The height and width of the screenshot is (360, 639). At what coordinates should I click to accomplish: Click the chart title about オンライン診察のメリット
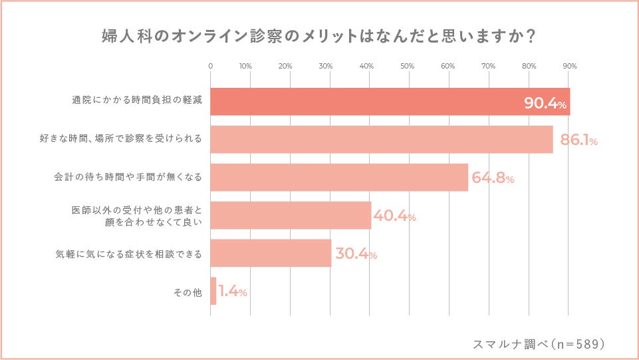pos(319,37)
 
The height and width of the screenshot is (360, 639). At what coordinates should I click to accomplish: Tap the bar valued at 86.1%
pos(381,139)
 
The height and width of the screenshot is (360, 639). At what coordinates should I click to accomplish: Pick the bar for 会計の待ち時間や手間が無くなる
pos(339,178)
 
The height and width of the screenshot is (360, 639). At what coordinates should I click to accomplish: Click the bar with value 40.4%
pos(291,215)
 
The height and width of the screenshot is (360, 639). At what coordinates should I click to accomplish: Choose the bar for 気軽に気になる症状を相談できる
pos(271,254)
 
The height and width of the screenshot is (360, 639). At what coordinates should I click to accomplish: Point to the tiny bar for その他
pos(213,291)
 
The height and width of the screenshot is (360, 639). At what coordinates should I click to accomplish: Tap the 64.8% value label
pos(493,178)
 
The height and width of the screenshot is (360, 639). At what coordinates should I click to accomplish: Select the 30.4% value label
pos(356,254)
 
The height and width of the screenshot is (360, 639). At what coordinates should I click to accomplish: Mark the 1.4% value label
pos(233,292)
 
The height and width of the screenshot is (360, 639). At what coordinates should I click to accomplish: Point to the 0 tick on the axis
pos(211,66)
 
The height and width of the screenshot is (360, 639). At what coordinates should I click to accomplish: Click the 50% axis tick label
pos(408,66)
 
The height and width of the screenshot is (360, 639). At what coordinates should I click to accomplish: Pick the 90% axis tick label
pos(569,66)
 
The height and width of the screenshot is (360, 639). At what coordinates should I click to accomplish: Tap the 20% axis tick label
pos(286,66)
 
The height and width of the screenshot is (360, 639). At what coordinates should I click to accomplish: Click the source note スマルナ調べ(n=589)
pos(539,344)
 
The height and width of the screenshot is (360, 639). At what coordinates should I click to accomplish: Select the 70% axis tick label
pos(488,66)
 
